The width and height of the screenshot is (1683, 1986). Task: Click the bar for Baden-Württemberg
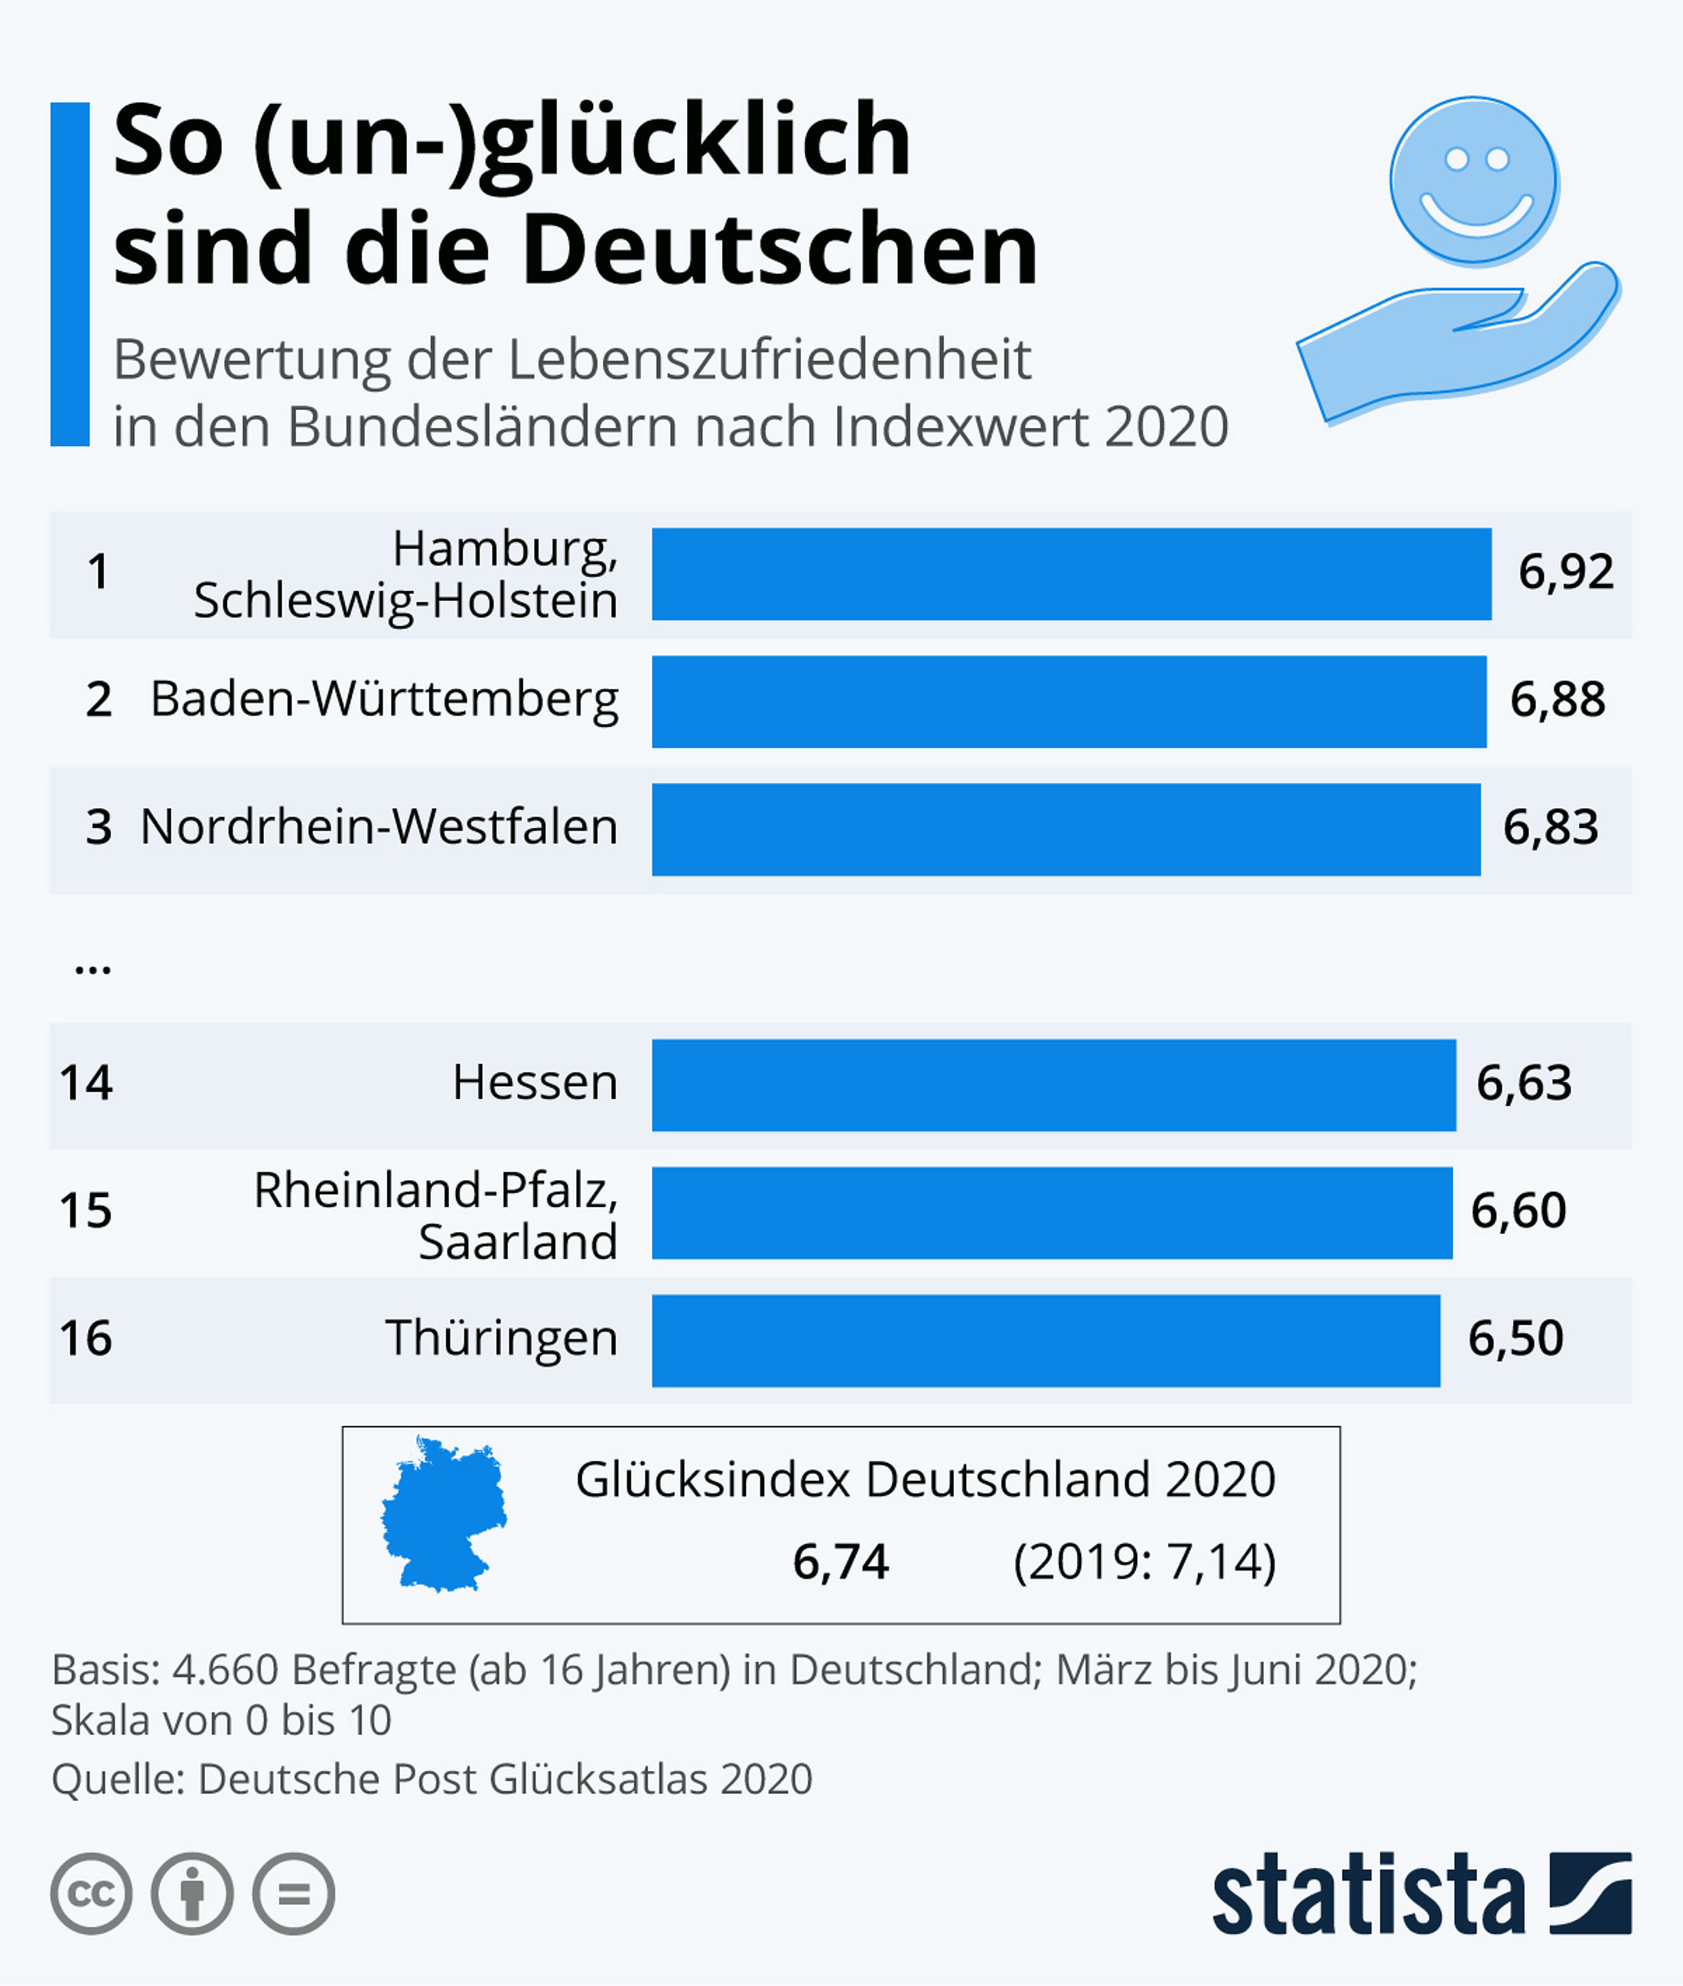[1069, 702]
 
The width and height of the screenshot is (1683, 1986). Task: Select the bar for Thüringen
[1046, 1340]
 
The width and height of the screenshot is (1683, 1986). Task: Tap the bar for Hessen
[1053, 1085]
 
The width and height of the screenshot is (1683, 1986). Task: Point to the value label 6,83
[1551, 827]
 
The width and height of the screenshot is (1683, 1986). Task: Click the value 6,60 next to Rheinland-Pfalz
[1518, 1211]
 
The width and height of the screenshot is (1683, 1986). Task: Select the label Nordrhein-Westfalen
[379, 827]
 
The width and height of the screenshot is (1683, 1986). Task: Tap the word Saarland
[518, 1241]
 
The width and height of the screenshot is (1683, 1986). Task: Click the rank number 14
[86, 1083]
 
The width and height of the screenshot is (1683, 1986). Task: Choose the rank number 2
[98, 700]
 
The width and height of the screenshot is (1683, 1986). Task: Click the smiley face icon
[1473, 179]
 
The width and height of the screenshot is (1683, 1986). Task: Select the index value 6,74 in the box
[841, 1562]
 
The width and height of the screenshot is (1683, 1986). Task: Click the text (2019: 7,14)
[1144, 1562]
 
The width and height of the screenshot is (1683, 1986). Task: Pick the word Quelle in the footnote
[116, 1779]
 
